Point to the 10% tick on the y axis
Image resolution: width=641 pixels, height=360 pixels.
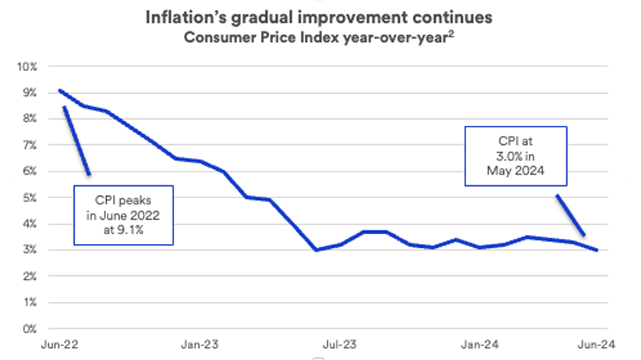click(x=27, y=66)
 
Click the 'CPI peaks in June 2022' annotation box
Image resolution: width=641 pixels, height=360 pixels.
click(x=123, y=215)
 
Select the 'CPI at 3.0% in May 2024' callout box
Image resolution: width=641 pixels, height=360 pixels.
click(x=517, y=156)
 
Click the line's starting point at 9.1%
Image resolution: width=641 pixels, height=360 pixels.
click(x=60, y=91)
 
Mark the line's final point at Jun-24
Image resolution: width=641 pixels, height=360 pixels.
click(x=597, y=250)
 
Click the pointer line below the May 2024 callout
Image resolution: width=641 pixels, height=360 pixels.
click(x=571, y=215)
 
